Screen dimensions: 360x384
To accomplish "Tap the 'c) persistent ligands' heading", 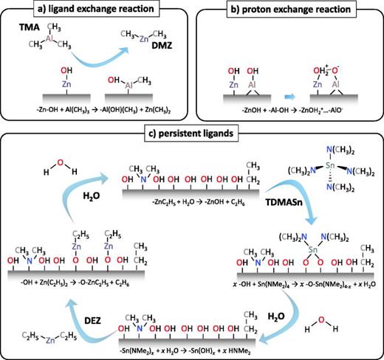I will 191,134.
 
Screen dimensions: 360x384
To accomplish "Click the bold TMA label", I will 27,36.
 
